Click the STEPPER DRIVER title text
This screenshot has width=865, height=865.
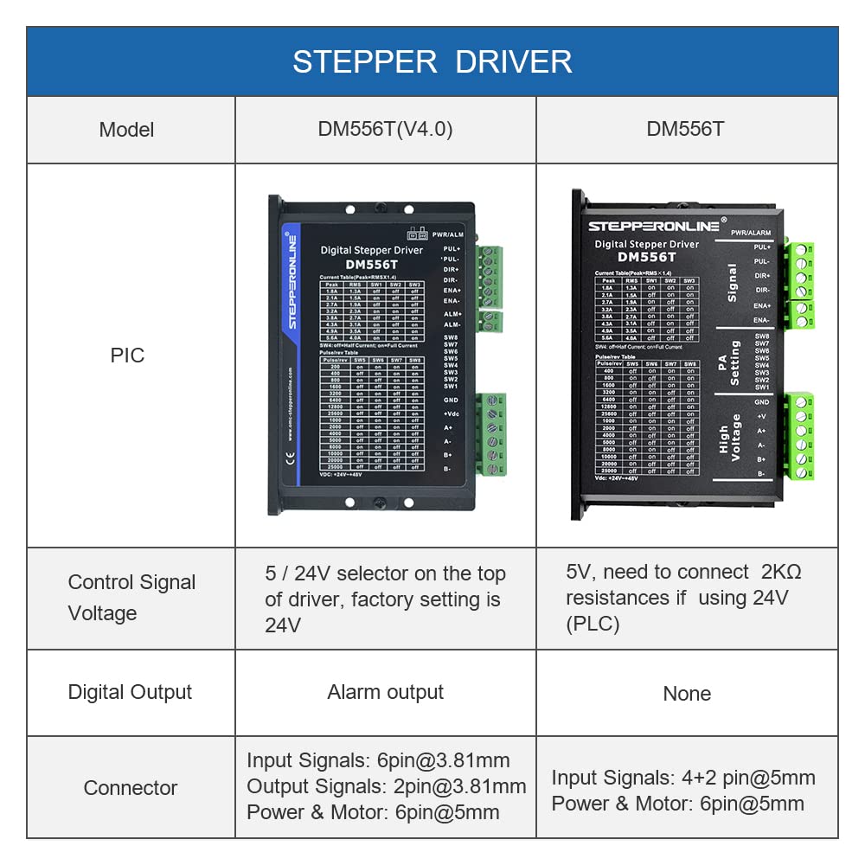click(432, 61)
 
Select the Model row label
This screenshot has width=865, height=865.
click(126, 130)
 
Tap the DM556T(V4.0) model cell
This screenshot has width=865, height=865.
click(386, 130)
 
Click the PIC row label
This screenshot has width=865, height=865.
click(127, 356)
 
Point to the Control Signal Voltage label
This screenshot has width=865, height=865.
click(131, 598)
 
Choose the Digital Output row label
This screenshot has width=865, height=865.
click(130, 692)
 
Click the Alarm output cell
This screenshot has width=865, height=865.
click(385, 692)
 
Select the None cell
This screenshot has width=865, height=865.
click(687, 694)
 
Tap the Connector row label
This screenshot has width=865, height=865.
click(130, 788)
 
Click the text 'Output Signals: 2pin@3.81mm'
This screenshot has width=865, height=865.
click(386, 786)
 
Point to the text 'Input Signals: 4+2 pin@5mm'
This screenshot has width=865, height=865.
click(683, 778)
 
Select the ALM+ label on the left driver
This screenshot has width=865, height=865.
click(452, 313)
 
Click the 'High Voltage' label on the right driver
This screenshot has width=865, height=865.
click(730, 438)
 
